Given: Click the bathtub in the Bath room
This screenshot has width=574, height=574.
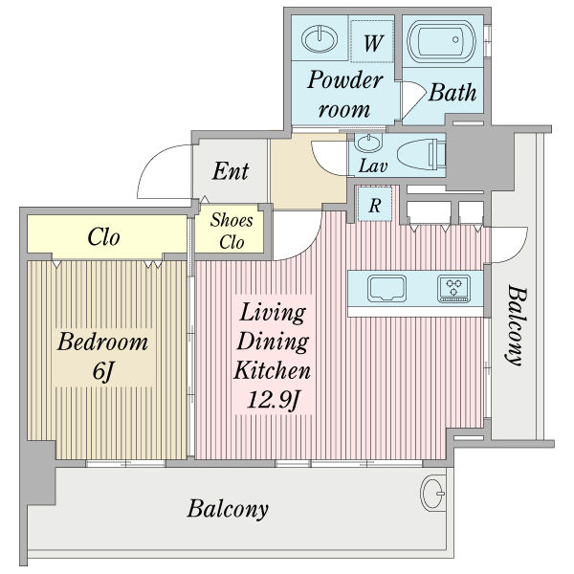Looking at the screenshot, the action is [441, 41].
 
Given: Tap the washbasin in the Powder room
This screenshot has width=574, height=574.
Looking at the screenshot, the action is [320, 38].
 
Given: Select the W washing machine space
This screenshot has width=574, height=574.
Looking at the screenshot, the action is [372, 41].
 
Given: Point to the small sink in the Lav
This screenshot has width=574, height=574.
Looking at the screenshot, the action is [368, 142].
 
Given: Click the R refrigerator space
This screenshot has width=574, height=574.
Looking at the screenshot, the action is [374, 204].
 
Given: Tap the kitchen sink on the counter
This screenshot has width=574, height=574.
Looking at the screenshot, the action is [386, 288].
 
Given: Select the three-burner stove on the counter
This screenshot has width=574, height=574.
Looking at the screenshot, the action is [453, 288].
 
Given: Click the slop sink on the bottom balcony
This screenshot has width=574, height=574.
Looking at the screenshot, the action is [433, 493].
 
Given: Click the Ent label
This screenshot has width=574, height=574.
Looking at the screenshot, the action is [231, 171].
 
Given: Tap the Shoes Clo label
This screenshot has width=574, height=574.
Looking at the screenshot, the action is [232, 231].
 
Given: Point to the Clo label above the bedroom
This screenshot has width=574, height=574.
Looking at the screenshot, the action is [103, 237].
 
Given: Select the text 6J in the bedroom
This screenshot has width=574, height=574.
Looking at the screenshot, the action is [102, 371].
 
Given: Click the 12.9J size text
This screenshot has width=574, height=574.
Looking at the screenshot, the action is [274, 399].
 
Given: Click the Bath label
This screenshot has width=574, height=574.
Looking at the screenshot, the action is [453, 92].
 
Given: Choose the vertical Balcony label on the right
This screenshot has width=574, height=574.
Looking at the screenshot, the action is [517, 325].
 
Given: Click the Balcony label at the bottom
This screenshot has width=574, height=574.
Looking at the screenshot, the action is [228, 509].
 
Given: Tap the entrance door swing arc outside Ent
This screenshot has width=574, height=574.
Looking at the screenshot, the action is [164, 171].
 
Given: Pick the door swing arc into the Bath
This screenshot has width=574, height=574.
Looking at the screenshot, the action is [413, 99].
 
